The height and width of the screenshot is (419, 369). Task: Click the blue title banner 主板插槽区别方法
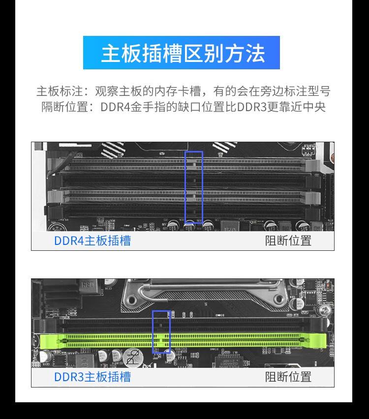click(x=182, y=53)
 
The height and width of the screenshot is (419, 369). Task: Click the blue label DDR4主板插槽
click(x=92, y=240)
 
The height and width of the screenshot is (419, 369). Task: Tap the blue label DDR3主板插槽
click(x=92, y=377)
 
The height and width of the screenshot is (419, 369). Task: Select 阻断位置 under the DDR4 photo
click(x=288, y=240)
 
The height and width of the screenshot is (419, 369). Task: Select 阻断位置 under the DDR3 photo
click(x=288, y=377)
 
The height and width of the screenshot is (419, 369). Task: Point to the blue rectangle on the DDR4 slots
click(x=193, y=187)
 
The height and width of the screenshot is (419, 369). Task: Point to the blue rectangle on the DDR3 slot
click(x=161, y=331)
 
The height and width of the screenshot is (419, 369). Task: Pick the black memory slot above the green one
click(x=236, y=325)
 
